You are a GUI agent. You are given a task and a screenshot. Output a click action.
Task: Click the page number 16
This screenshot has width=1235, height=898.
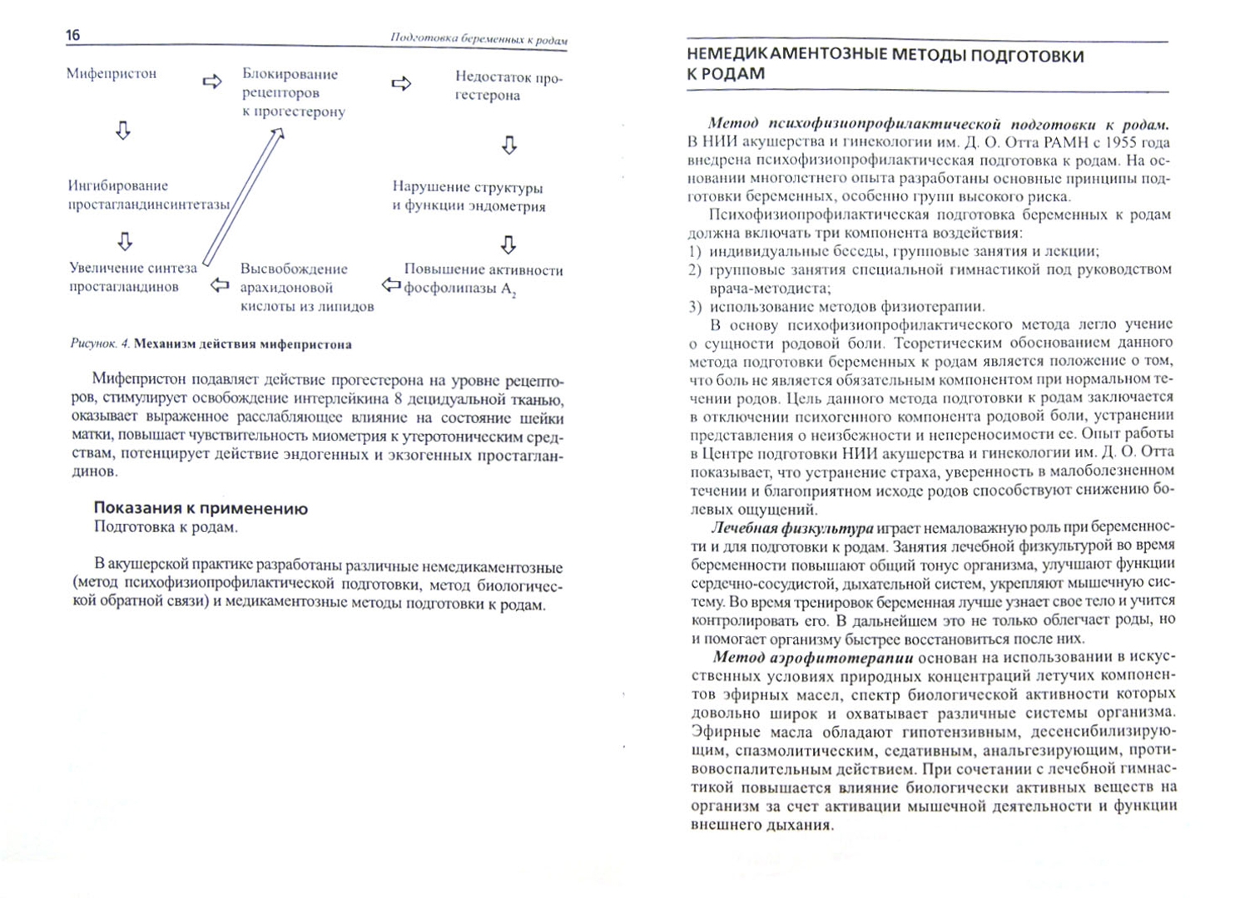(x=72, y=35)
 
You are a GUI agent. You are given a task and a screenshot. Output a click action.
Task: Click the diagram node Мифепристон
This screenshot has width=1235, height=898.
(x=112, y=74)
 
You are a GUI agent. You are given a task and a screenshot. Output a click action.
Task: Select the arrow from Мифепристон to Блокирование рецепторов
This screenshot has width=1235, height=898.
(x=212, y=81)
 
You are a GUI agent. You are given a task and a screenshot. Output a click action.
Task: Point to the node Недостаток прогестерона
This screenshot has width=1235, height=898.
(x=508, y=86)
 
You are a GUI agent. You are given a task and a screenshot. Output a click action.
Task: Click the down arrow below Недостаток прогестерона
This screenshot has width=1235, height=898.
(x=509, y=146)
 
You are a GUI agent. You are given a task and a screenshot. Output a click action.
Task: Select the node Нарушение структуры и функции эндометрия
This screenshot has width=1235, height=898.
(x=469, y=197)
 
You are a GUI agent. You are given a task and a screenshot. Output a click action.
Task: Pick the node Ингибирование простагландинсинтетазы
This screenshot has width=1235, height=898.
(x=148, y=195)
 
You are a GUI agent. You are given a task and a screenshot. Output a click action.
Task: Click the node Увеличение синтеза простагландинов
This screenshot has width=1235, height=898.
(x=133, y=278)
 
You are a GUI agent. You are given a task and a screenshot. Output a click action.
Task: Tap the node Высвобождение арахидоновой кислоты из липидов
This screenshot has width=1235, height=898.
(x=306, y=288)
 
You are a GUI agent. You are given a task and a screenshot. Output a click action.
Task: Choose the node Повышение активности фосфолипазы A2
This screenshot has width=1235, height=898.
(x=483, y=279)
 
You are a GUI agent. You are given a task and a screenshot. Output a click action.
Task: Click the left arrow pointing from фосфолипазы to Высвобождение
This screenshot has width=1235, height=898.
(x=391, y=286)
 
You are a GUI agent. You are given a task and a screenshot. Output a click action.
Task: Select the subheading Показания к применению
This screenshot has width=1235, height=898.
(x=201, y=509)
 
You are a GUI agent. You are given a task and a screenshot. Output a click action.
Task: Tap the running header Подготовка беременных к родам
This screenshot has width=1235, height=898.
(x=479, y=39)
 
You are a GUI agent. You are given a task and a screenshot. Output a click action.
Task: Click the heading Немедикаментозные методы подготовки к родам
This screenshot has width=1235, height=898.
(x=885, y=65)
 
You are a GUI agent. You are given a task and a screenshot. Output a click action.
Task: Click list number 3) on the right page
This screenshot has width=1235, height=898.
(x=696, y=307)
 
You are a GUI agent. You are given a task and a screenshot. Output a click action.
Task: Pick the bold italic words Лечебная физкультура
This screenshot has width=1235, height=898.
(x=791, y=528)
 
